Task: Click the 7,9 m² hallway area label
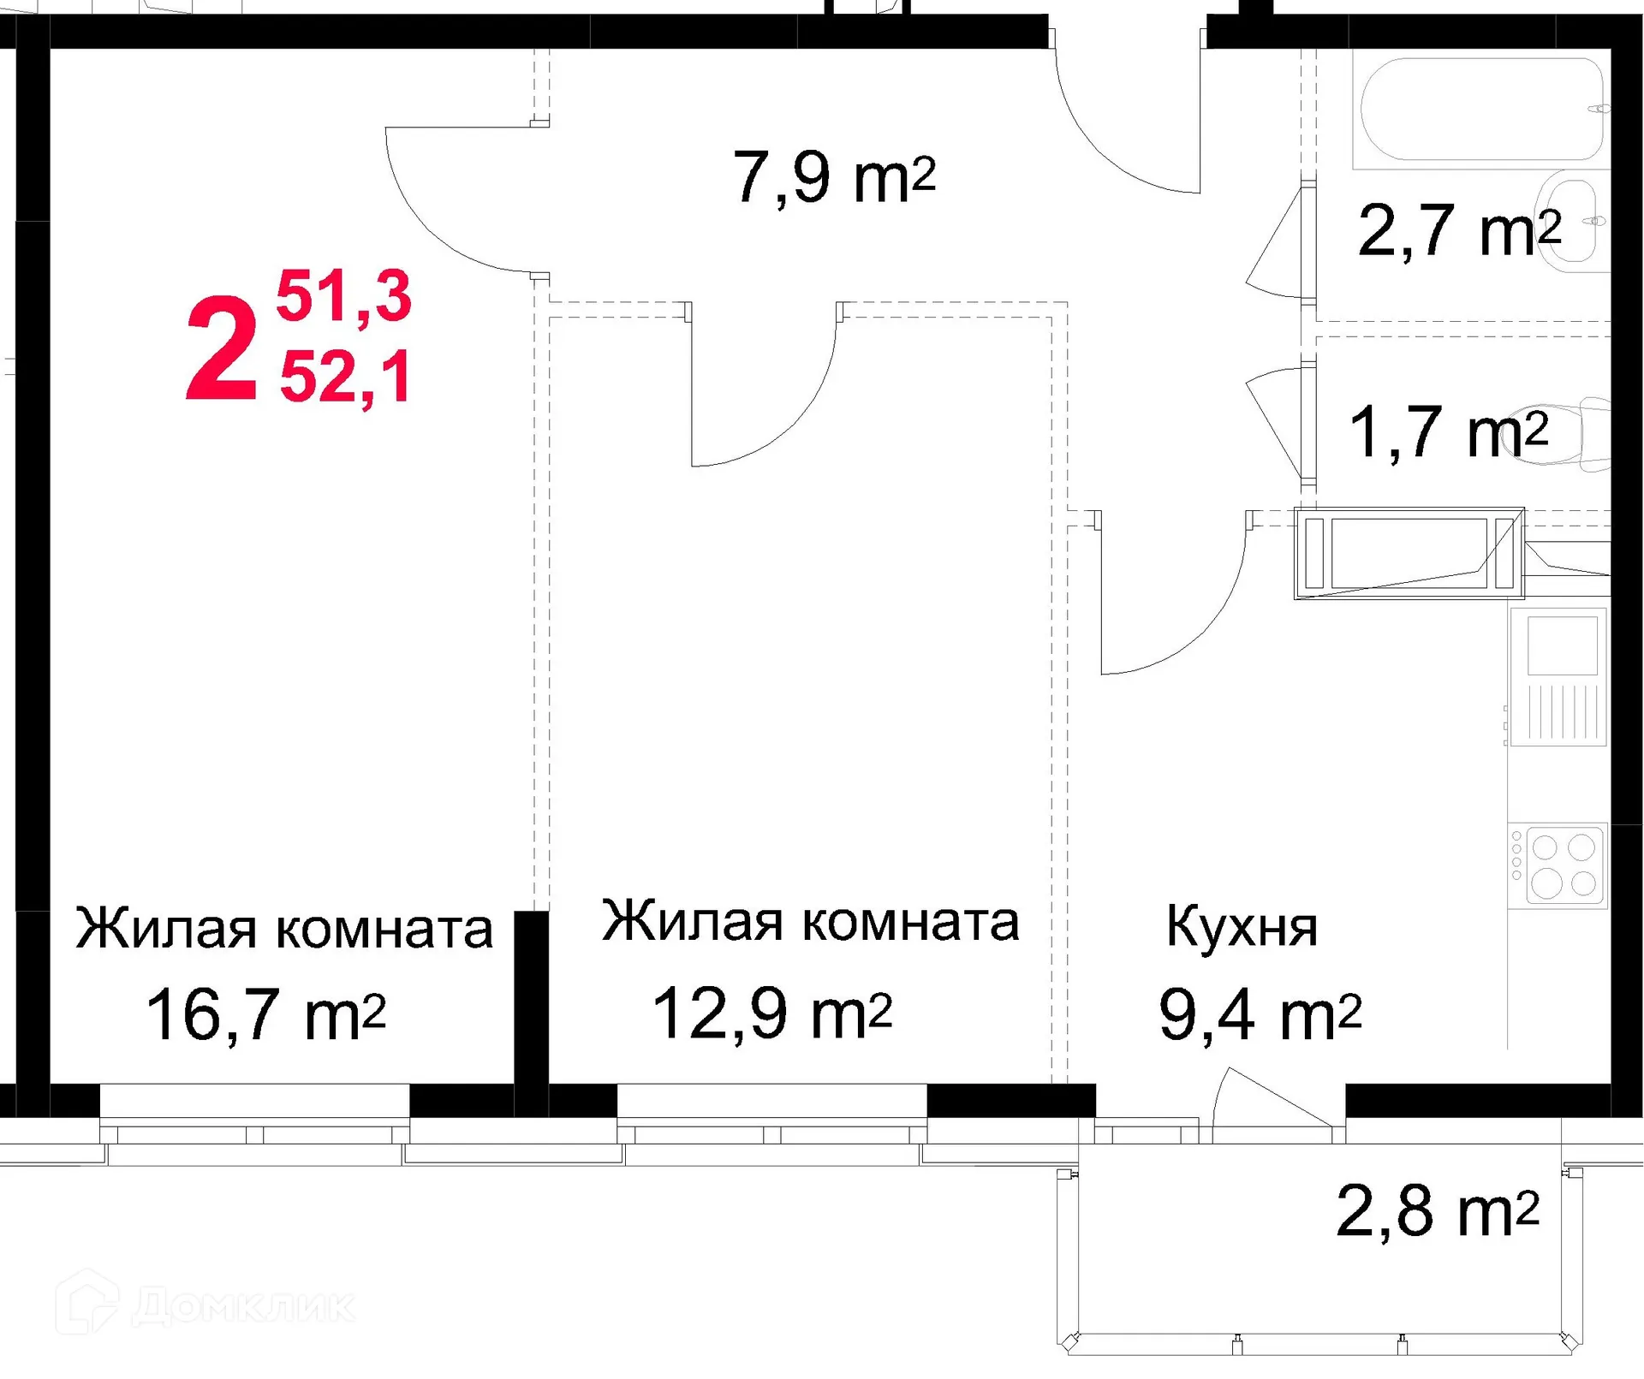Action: tap(833, 177)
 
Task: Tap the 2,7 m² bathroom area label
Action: tap(1458, 230)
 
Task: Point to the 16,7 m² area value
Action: tap(265, 1015)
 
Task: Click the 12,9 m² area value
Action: tap(771, 1013)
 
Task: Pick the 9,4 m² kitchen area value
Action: tap(1259, 1015)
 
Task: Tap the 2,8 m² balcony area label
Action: tap(1437, 1211)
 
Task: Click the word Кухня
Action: tap(1241, 928)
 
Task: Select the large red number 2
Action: tap(221, 349)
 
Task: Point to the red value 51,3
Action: tap(343, 296)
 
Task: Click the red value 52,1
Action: tap(345, 377)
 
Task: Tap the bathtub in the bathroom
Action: tap(1481, 110)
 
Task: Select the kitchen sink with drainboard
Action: tap(1559, 676)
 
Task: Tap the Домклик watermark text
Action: tap(243, 1307)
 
